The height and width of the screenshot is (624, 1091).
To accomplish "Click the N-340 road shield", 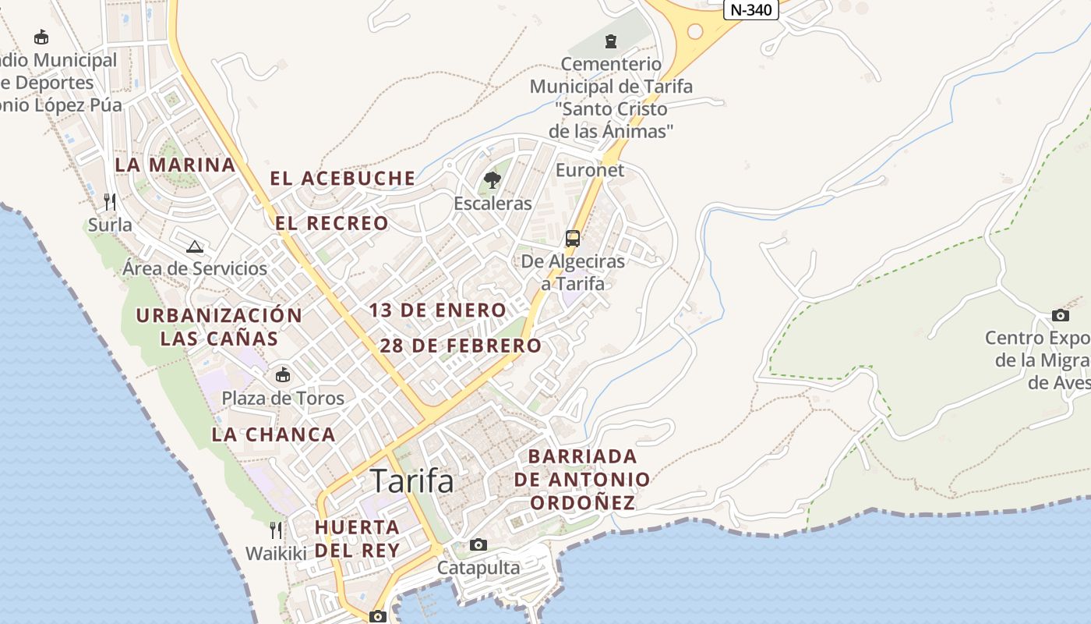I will (x=751, y=9).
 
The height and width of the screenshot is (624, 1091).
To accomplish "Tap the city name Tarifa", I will (x=411, y=481).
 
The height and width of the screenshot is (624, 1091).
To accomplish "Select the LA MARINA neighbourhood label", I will (x=175, y=165).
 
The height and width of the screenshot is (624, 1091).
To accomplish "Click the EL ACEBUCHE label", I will (x=343, y=179).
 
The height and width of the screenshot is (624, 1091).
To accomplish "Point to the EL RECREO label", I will (x=332, y=223).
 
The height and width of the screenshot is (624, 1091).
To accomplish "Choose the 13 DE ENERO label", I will (x=437, y=310).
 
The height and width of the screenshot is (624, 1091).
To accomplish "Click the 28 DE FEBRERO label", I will (x=461, y=346).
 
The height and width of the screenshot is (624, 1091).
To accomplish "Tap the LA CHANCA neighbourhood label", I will (x=274, y=434).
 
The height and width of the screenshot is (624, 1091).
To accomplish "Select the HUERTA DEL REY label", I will (x=357, y=538).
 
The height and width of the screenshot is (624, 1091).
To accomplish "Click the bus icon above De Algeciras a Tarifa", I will (x=573, y=239).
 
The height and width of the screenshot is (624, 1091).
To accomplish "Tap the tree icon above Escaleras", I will (x=492, y=181).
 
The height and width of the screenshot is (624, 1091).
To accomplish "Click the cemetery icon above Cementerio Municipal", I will (x=611, y=41).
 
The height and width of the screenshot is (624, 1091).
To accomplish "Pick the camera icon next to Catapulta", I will (x=478, y=544).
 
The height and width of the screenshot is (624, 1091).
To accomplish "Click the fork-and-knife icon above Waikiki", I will (x=276, y=530).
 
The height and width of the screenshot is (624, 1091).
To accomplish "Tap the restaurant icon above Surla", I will (x=110, y=202).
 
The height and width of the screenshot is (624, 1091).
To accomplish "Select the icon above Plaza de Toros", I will (x=282, y=375).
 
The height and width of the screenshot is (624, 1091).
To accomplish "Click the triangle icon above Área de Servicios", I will (x=195, y=246).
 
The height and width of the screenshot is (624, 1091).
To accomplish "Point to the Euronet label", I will (x=590, y=170).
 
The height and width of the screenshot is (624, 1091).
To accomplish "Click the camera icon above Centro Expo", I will (x=1060, y=315).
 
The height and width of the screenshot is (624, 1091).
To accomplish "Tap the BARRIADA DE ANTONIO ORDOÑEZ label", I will (x=582, y=479).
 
